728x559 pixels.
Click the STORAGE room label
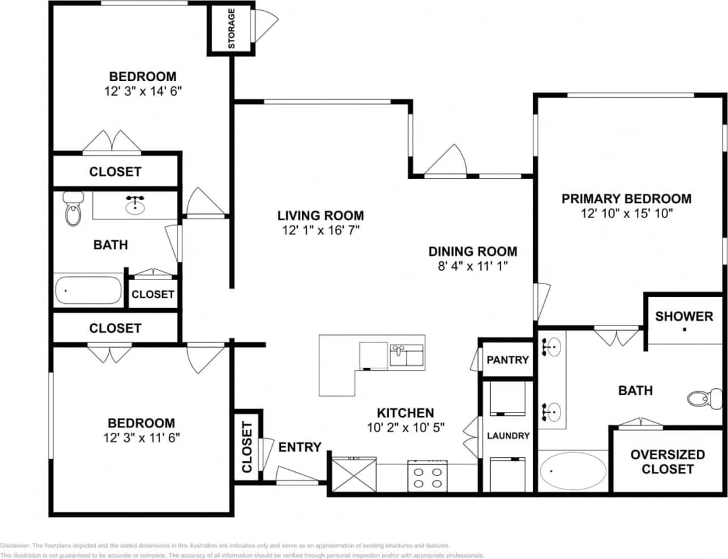pos(232,28)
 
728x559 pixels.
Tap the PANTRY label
pos(507,360)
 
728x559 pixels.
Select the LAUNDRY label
pos(508,435)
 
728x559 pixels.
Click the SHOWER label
pos(683,316)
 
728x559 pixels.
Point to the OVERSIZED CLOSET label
pos(667,462)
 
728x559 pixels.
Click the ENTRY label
pos(299,447)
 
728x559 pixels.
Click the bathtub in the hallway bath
pos(88,290)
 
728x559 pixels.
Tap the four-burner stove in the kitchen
pos(427,475)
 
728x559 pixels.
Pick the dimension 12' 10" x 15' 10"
pos(626,213)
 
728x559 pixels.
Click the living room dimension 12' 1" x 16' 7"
pos(320,230)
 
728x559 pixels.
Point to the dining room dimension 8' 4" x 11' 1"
pos(472,266)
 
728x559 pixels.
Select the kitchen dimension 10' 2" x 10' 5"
pos(405,427)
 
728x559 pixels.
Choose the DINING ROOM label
pos(473,251)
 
